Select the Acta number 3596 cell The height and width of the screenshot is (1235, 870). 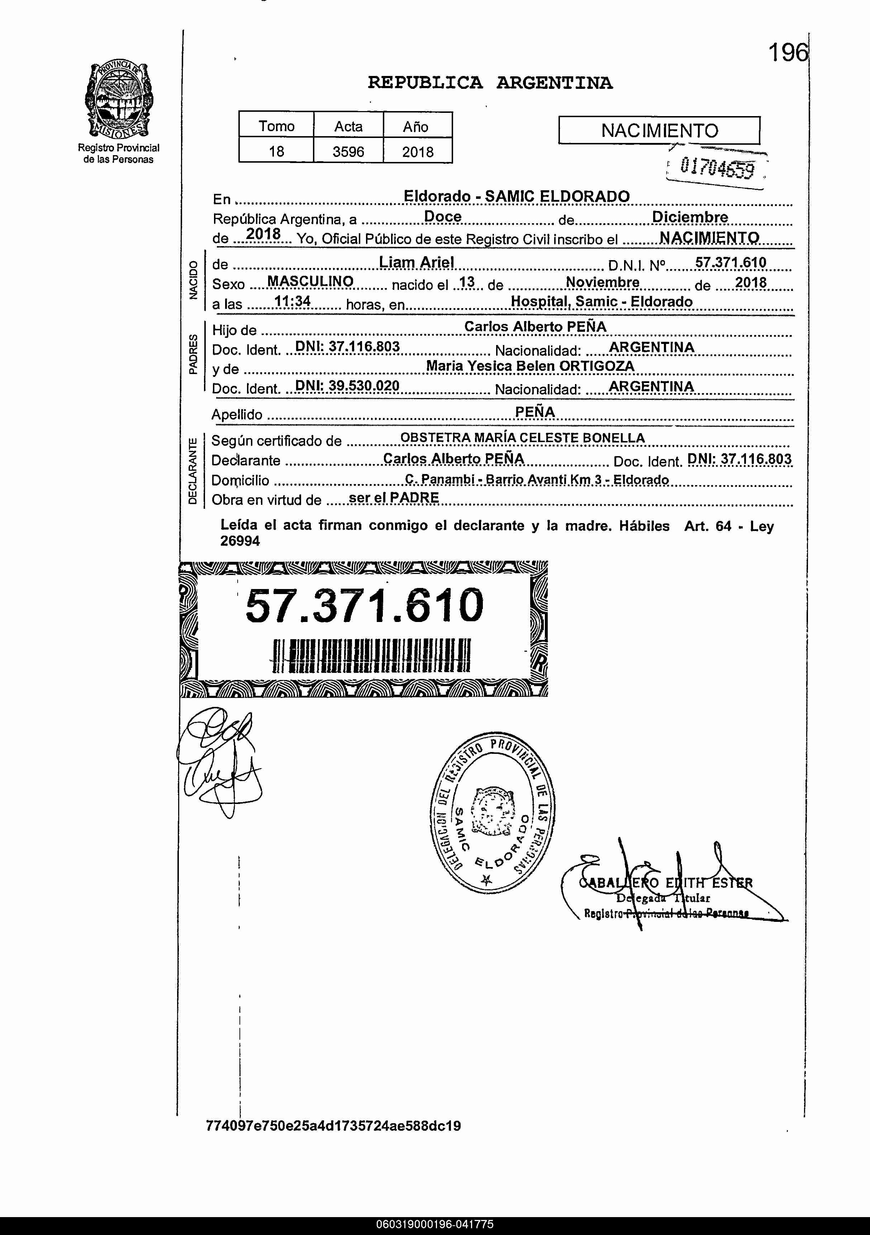pos(348,152)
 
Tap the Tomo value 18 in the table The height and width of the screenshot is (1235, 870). pos(276,152)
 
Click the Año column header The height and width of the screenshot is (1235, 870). pos(416,126)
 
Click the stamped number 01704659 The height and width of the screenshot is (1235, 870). pos(717,168)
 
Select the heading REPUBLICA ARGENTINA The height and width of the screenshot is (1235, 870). pos(490,83)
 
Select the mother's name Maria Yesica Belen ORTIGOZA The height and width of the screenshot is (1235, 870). pos(530,366)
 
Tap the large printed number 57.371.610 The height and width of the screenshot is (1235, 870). pos(364,605)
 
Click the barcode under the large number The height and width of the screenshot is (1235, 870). pos(372,655)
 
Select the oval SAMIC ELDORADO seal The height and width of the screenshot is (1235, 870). pos(493,815)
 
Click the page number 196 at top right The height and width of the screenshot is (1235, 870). pos(788,53)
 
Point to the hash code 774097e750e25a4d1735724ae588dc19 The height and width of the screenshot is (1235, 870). pos(334,1126)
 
